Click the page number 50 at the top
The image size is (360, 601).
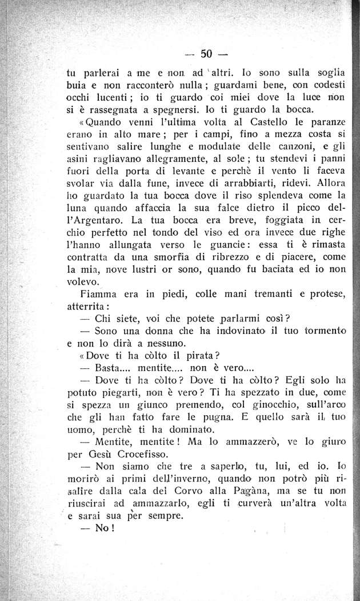pos(207,55)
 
